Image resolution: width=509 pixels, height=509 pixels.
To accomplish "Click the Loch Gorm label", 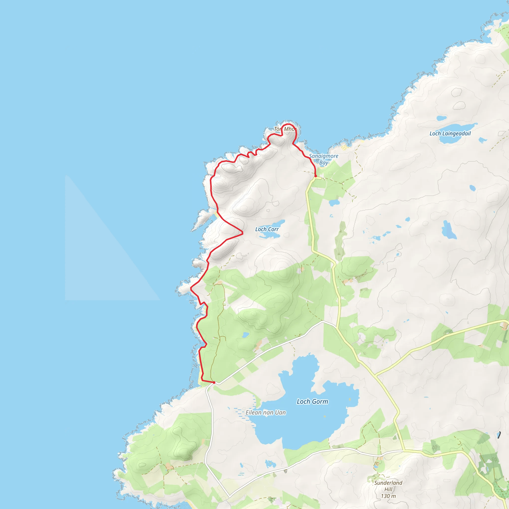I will tap(312, 402).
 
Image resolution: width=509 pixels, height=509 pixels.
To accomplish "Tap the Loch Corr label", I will tap(267, 229).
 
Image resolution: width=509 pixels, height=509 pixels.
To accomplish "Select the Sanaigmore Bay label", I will tap(324, 159).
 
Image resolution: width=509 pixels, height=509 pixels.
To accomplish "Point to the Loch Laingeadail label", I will tap(450, 133).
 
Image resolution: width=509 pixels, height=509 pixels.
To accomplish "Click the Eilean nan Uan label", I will tap(266, 413).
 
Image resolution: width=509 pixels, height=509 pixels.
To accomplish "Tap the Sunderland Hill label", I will tap(388, 489).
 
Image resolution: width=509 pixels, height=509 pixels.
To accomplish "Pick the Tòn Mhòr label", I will tap(285, 129).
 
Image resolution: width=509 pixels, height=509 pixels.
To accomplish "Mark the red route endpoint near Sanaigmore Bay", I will tap(316, 176).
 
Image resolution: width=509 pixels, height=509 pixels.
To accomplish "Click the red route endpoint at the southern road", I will tap(214, 382).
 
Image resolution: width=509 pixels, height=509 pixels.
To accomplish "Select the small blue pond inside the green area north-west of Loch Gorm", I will tap(245, 335).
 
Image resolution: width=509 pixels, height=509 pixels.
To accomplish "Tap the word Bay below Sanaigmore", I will tap(324, 163).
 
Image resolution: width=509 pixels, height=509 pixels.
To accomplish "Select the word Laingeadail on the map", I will tap(457, 133).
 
